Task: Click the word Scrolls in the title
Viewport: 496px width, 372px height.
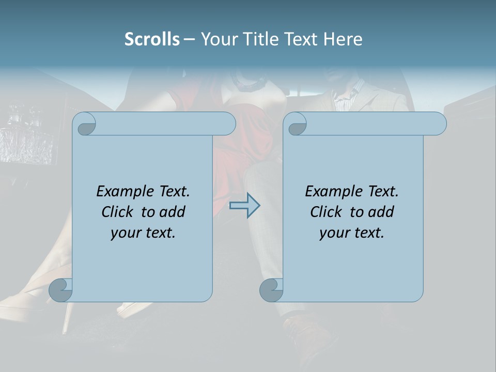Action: [x=152, y=39]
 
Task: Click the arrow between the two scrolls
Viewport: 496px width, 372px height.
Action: [x=245, y=206]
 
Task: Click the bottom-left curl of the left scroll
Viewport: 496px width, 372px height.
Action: [x=61, y=290]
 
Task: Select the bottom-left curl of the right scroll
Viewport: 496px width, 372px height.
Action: [x=271, y=290]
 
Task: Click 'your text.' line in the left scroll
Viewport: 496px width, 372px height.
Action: [x=143, y=233]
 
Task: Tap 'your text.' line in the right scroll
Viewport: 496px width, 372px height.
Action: [x=352, y=233]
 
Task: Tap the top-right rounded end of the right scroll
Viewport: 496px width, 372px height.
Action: [x=438, y=124]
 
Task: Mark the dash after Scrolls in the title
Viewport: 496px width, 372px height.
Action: [x=190, y=39]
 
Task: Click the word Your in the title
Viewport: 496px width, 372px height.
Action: [x=216, y=39]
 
